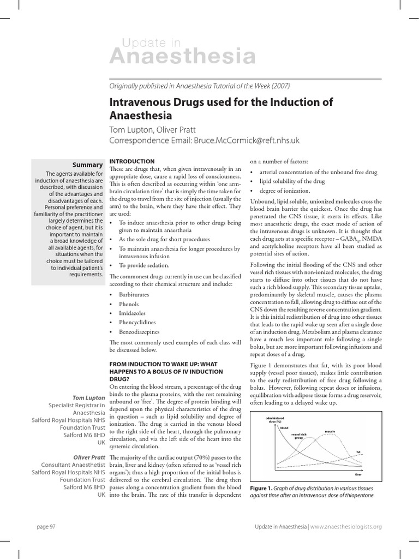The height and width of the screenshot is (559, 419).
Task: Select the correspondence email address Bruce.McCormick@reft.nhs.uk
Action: (243, 140)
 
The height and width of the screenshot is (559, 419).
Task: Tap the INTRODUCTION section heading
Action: (133, 162)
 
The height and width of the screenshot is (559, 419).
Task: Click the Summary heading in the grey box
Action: (88, 164)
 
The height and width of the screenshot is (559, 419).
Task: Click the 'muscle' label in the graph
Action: (330, 431)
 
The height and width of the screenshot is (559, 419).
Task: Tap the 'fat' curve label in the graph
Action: (358, 451)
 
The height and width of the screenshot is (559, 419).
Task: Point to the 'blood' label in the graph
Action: (284, 428)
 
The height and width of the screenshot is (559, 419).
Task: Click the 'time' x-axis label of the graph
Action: (358, 475)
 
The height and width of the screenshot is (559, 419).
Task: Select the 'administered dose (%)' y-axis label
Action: (276, 419)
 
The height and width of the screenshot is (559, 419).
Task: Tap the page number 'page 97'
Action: (45, 526)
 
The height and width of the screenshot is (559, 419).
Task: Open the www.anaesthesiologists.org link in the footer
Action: (346, 526)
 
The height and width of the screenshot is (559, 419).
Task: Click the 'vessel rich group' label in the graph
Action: (299, 436)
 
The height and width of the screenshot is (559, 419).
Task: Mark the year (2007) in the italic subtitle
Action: (279, 86)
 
